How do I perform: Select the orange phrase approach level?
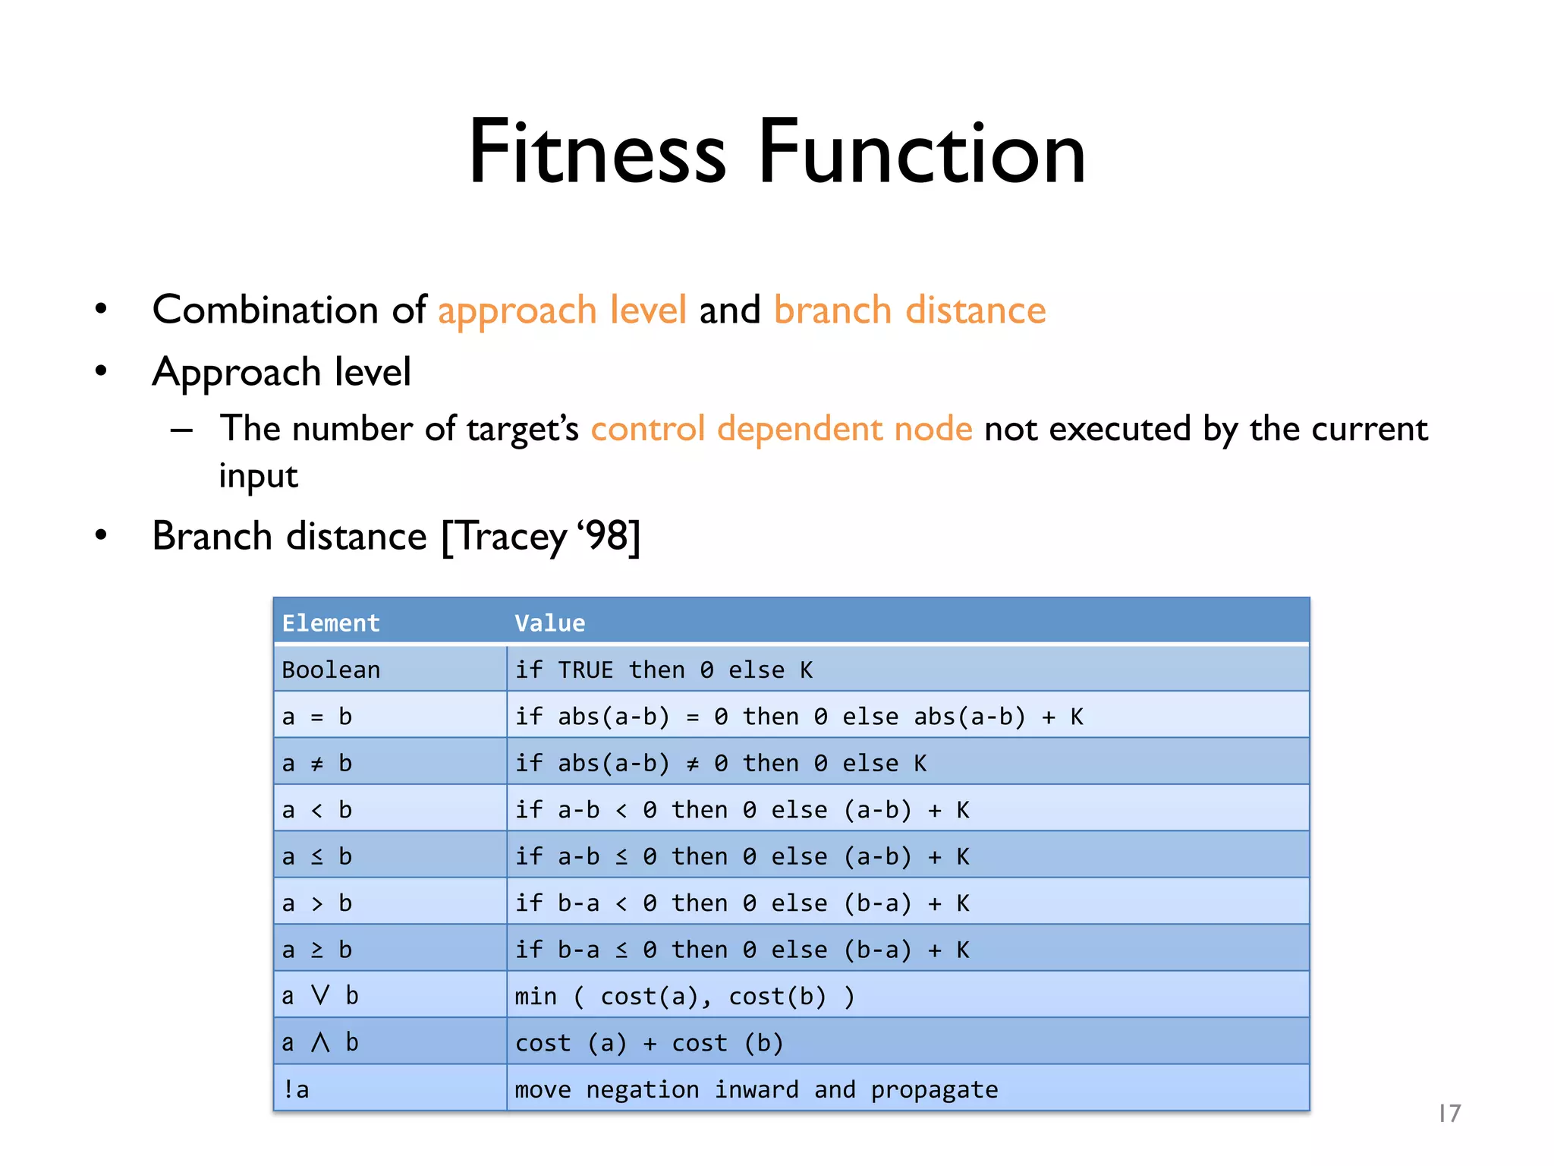(x=562, y=310)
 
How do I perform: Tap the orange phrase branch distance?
(x=909, y=310)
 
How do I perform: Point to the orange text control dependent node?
(x=781, y=429)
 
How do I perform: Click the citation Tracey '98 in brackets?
(x=541, y=537)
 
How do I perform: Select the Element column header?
(x=331, y=623)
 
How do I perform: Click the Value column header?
(x=549, y=623)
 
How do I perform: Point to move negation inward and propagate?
(x=756, y=1089)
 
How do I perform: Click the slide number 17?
(x=1449, y=1114)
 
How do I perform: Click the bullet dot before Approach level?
(x=101, y=371)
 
